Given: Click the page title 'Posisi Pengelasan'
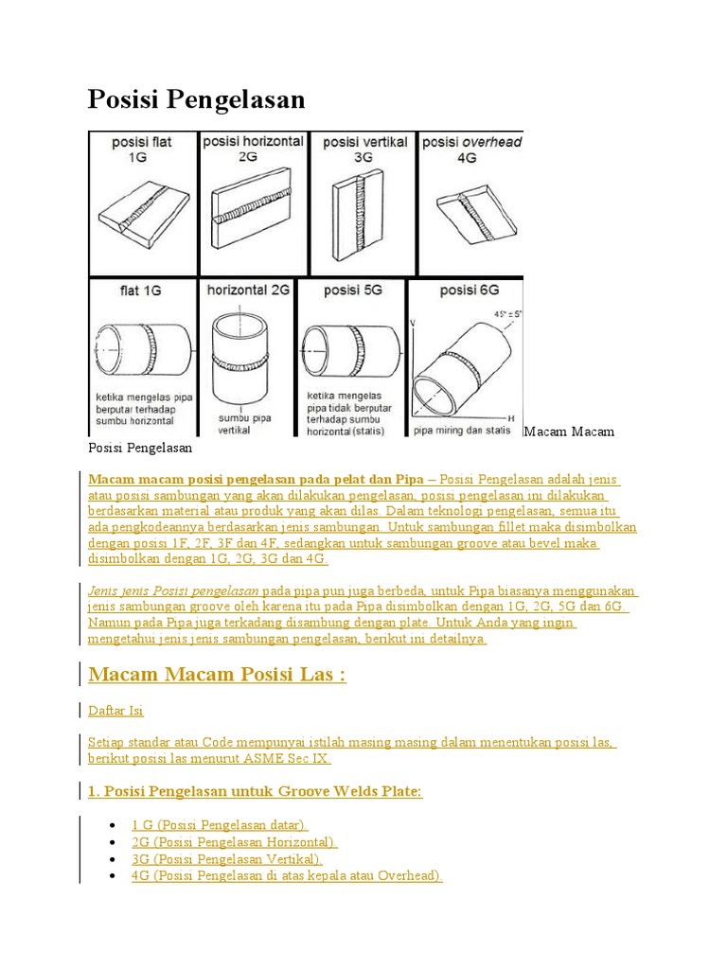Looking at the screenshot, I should click(x=196, y=99).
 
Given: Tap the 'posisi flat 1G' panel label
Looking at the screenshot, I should click(x=142, y=150).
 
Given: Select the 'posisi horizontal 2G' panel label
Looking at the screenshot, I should click(x=253, y=149).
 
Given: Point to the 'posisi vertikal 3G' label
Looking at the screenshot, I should click(x=364, y=150).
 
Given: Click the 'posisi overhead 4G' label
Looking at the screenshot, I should click(x=471, y=150).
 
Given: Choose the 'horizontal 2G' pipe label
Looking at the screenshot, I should click(x=248, y=291).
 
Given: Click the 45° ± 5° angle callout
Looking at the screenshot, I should click(x=502, y=313).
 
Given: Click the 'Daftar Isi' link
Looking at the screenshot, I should click(x=115, y=710).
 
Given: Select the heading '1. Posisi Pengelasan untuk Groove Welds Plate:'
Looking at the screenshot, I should click(x=255, y=791).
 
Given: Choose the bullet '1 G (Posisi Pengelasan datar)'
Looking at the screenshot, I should click(x=220, y=825).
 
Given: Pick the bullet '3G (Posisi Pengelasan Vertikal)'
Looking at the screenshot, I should click(x=227, y=859).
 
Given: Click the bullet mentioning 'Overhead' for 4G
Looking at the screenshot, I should click(x=287, y=876).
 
